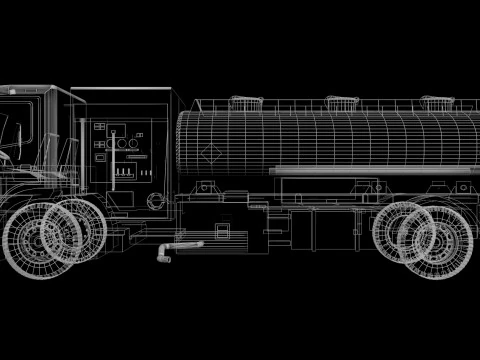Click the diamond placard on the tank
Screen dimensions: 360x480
[212, 153]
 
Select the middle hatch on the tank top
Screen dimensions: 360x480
[339, 102]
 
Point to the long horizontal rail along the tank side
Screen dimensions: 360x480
[370, 171]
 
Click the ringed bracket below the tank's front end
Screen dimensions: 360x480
[205, 187]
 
